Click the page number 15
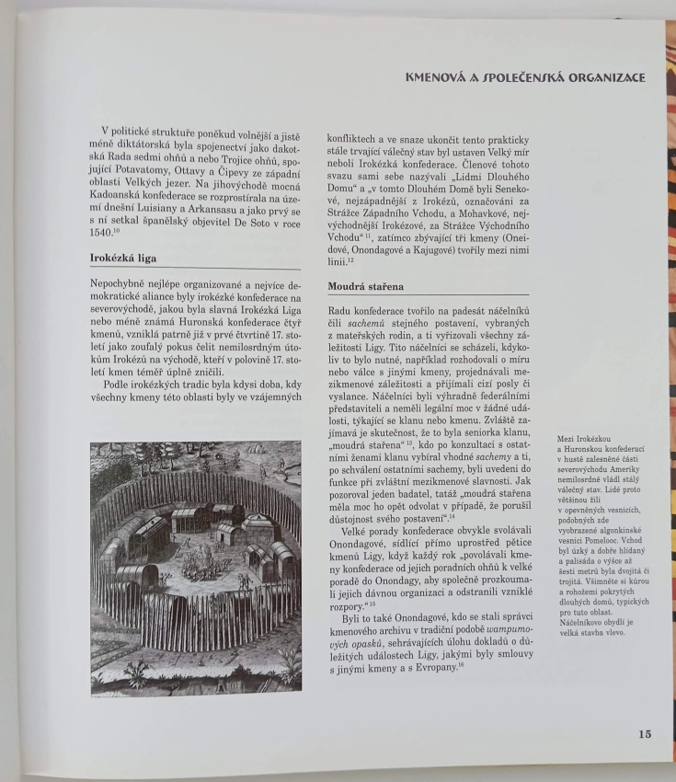(x=643, y=734)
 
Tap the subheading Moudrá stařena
(x=366, y=286)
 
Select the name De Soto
(x=254, y=219)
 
